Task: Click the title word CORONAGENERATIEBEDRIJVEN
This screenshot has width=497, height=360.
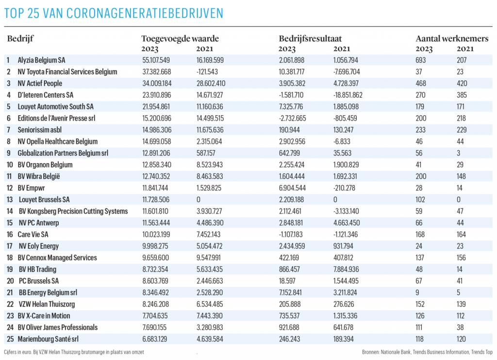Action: pyautogui.click(x=145, y=13)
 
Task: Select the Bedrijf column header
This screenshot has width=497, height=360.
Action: pyautogui.click(x=20, y=39)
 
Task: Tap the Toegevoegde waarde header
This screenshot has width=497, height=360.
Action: pyautogui.click(x=180, y=39)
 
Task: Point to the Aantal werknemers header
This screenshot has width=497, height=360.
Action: pyautogui.click(x=452, y=39)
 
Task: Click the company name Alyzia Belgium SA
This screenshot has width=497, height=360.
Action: pyautogui.click(x=41, y=60)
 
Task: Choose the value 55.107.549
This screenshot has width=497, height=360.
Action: pyautogui.click(x=156, y=60)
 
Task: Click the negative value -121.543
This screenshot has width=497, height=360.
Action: pyautogui.click(x=207, y=72)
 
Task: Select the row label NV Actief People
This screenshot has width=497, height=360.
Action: pyautogui.click(x=40, y=84)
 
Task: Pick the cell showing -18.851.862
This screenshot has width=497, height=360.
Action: pyautogui.click(x=348, y=95)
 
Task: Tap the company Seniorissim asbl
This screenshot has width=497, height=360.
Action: pyautogui.click(x=39, y=130)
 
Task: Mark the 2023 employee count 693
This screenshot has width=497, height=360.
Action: pyautogui.click(x=421, y=60)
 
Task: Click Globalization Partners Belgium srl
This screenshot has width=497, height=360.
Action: pyautogui.click(x=63, y=153)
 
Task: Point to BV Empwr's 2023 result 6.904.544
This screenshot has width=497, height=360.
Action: pyautogui.click(x=292, y=188)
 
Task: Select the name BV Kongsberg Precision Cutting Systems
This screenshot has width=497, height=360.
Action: pyautogui.click(x=73, y=211)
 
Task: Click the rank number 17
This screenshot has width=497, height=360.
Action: pyautogui.click(x=10, y=246)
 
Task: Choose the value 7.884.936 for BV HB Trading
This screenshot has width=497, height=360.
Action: pyautogui.click(x=346, y=269)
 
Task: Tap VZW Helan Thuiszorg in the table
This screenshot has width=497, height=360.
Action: pyautogui.click(x=47, y=304)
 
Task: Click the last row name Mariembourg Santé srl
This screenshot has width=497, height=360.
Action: pyautogui.click(x=48, y=339)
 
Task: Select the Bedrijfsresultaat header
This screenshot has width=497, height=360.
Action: pyautogui.click(x=310, y=39)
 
